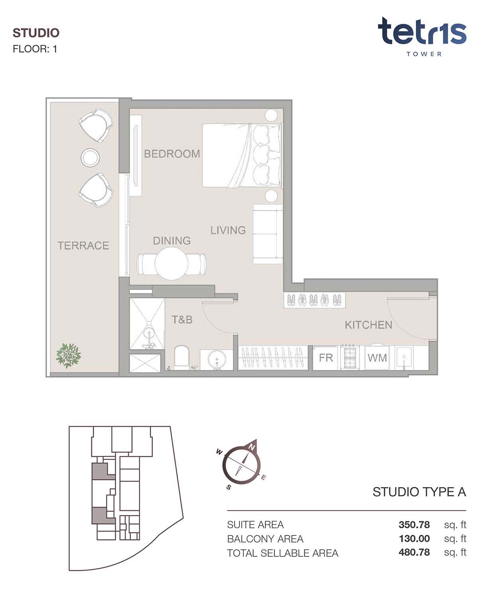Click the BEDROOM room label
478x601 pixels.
point(172,154)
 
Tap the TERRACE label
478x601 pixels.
point(83,245)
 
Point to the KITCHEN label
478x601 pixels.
point(368,325)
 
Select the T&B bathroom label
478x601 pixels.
point(182,320)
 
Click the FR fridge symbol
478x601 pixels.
point(326,358)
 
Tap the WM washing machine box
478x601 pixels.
point(377,358)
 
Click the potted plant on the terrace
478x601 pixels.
point(68,356)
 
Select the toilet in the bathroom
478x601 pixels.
point(181,358)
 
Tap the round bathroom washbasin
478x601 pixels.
point(217,360)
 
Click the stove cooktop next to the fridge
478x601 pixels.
point(349,358)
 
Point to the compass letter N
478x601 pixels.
point(252,448)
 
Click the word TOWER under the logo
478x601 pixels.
point(424,54)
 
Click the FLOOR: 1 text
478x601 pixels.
point(35,49)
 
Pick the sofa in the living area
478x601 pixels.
point(268,234)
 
